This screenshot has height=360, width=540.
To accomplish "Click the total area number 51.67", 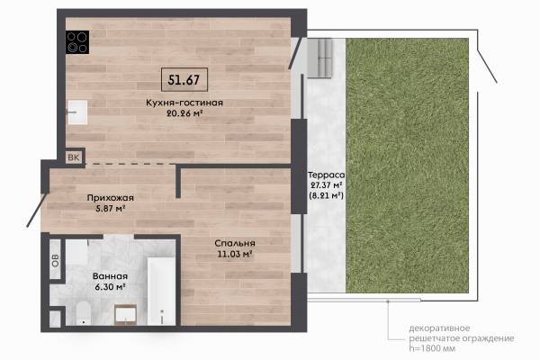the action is (x=184, y=80).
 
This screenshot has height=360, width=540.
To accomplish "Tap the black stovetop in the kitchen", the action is (x=77, y=42).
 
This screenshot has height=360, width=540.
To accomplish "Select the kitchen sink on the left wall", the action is (x=77, y=112).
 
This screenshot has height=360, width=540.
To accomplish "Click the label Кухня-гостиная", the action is (x=184, y=103).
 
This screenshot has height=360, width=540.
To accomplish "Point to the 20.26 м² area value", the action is (x=184, y=113).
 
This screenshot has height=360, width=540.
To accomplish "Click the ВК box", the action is (x=74, y=157).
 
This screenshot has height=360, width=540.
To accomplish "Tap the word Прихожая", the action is (x=110, y=198).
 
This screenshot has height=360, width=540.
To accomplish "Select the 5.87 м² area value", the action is (x=110, y=209).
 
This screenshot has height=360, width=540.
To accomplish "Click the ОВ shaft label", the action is (x=55, y=260).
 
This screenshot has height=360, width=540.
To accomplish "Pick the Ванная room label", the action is (x=110, y=276).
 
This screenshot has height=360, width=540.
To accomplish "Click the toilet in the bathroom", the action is (x=83, y=313).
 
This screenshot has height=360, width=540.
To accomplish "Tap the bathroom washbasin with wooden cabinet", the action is (x=126, y=314).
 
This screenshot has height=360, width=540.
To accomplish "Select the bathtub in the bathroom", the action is (x=161, y=291).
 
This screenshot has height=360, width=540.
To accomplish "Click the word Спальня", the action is (x=235, y=243).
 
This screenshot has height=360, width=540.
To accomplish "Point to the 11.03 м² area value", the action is (x=235, y=254).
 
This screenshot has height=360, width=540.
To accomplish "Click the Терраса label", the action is (x=326, y=175).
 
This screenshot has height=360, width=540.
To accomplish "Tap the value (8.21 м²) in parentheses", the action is (x=326, y=195).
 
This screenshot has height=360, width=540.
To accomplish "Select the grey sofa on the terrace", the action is (x=319, y=58).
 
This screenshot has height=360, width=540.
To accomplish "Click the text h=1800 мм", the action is (x=432, y=348).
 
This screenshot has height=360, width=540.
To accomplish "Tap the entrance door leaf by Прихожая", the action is (x=37, y=210).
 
